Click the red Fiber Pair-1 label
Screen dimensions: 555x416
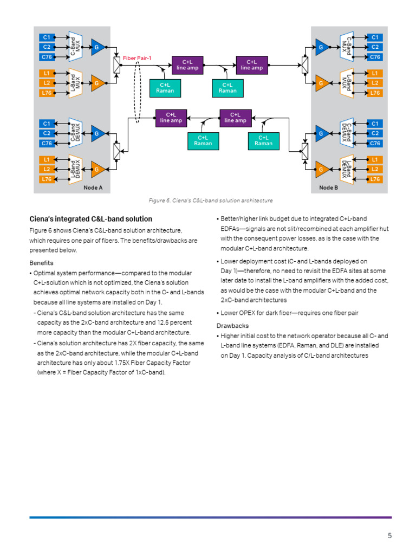(x=138, y=58)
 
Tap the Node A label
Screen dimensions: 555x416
(x=93, y=188)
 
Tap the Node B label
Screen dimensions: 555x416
(x=328, y=188)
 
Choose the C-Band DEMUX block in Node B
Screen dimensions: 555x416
(x=346, y=133)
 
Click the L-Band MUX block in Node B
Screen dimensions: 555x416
(x=346, y=83)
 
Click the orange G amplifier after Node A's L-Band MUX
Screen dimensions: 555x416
(x=98, y=83)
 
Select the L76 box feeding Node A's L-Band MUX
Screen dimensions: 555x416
(x=47, y=93)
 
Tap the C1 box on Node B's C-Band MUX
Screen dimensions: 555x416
(x=374, y=37)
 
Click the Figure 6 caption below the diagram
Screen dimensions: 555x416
(x=211, y=201)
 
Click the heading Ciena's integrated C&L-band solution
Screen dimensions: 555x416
(x=90, y=219)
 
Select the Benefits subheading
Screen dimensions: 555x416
(x=41, y=263)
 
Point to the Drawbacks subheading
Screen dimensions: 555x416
(x=232, y=326)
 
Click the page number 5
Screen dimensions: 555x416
(x=389, y=536)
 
